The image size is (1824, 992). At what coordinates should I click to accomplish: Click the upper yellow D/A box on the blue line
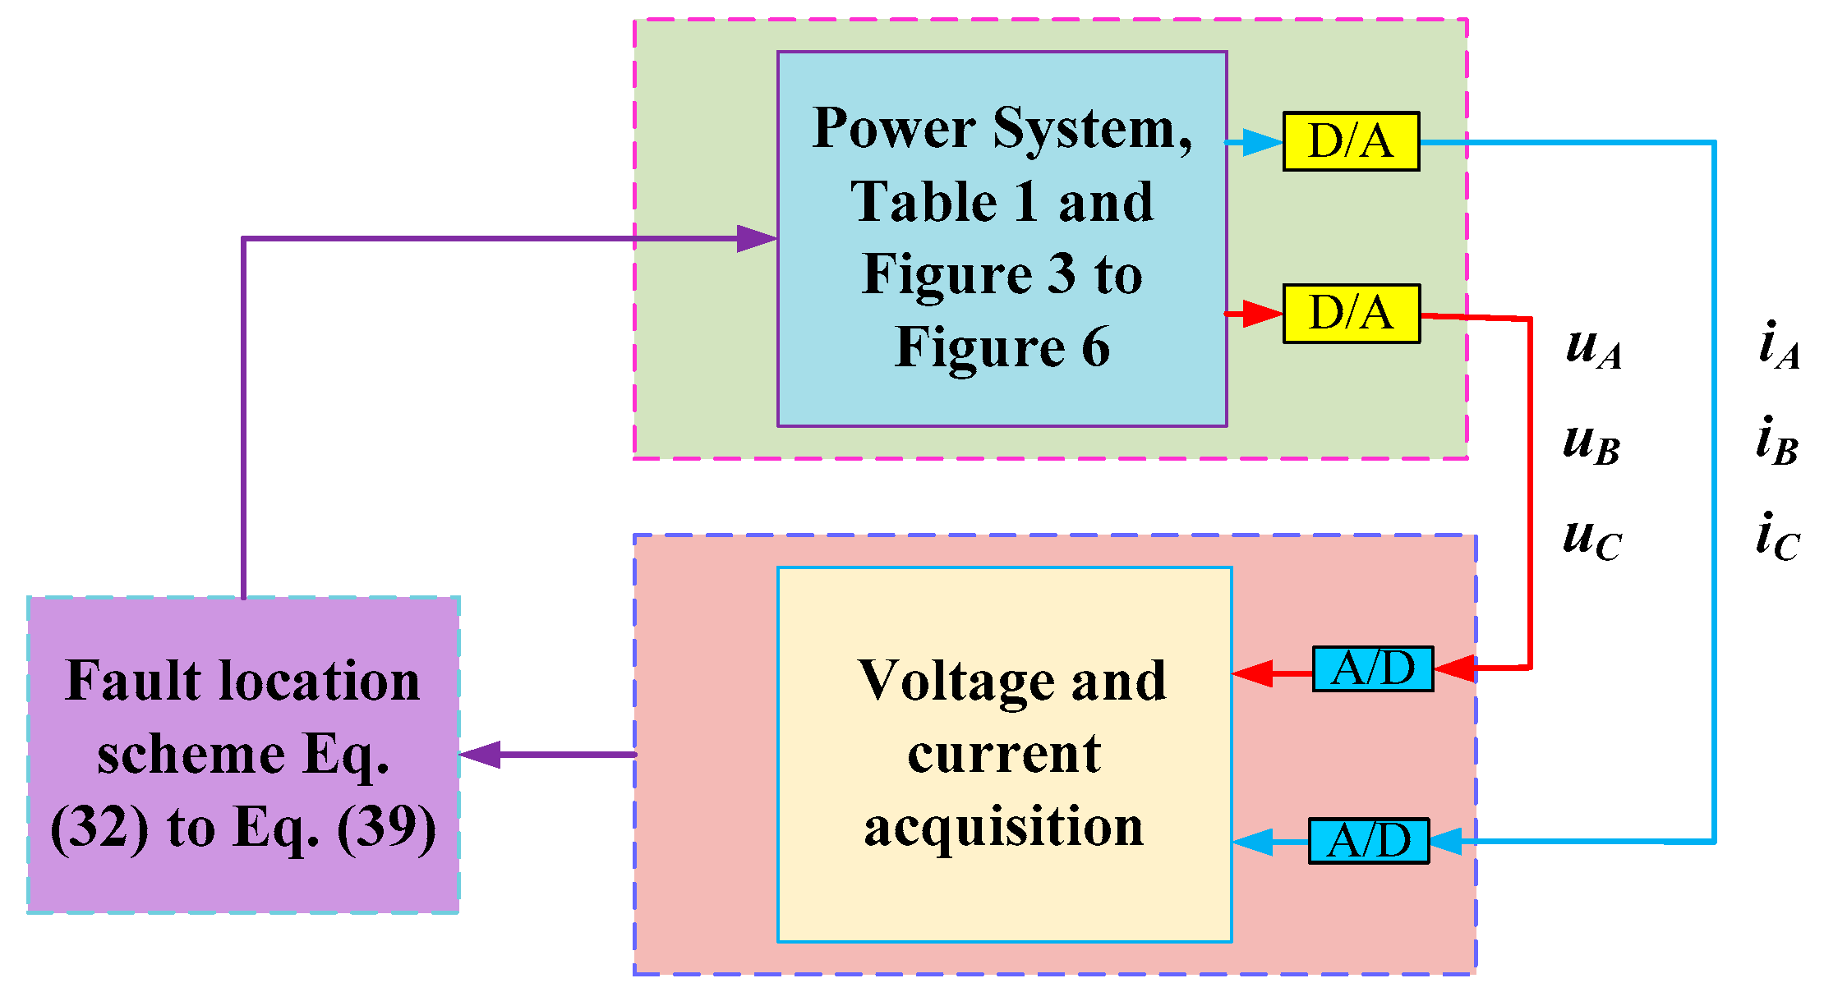point(1351,141)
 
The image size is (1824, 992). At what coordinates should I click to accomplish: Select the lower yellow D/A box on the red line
point(1351,313)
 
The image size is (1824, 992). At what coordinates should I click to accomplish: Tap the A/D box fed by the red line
point(1372,668)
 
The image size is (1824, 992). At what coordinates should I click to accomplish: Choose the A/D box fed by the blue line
point(1368,840)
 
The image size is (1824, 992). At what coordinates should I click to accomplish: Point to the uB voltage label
point(1591,443)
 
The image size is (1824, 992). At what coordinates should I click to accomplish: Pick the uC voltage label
point(1591,540)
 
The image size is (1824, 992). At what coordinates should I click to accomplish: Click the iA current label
point(1779,346)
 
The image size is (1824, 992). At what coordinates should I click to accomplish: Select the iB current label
point(1777,442)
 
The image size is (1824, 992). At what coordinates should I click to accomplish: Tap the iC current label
point(1777,537)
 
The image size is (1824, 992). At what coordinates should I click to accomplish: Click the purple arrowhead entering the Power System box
point(756,239)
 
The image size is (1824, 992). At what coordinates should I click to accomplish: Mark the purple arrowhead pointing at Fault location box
point(481,754)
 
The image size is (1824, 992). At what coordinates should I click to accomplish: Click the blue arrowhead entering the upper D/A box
point(1262,142)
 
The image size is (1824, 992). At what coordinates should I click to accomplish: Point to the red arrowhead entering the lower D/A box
point(1262,314)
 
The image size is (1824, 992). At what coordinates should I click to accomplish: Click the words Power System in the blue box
point(1002,129)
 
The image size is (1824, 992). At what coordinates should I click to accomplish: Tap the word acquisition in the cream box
point(1003,827)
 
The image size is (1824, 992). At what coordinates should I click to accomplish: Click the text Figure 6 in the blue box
point(1002,347)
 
